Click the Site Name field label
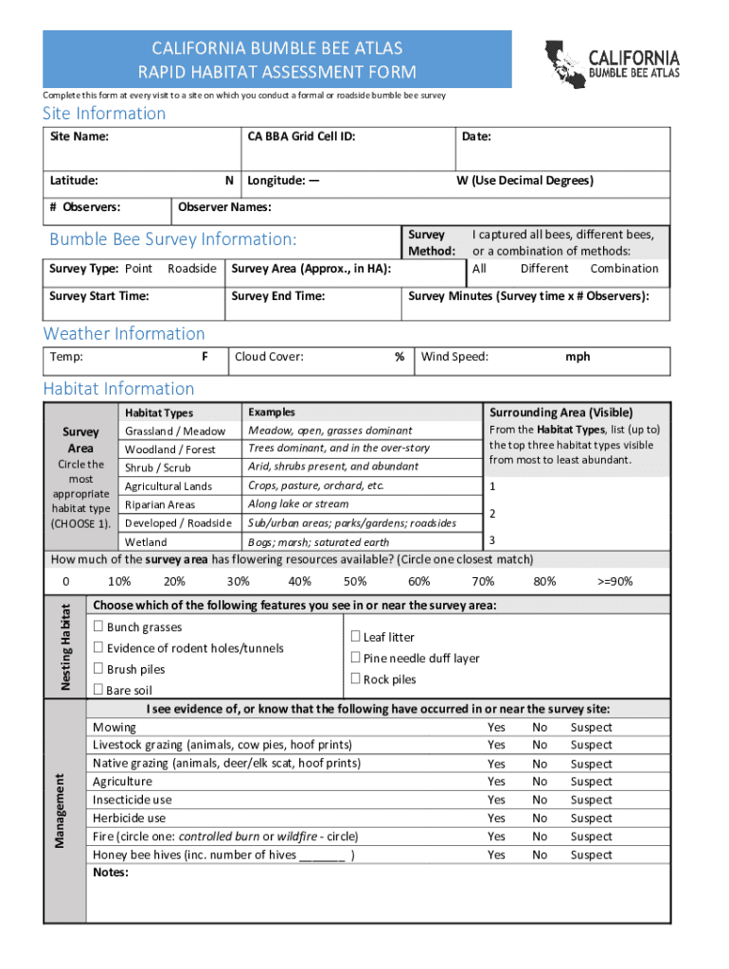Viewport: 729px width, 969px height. point(79,137)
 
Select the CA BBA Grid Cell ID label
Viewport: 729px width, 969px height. point(301,137)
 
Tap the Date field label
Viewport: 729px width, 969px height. point(476,137)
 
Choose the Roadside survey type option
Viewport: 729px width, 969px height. point(191,269)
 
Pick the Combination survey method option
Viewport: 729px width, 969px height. point(624,269)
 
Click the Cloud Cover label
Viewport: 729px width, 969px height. point(269,357)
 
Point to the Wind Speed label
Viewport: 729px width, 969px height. point(454,357)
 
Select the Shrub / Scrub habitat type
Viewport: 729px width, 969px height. point(157,468)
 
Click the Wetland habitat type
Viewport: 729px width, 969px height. point(146,542)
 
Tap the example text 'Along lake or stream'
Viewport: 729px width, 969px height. point(298,504)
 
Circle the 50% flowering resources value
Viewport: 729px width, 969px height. point(355,582)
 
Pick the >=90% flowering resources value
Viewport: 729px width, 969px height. point(615,582)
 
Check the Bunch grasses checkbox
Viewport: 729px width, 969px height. point(98,626)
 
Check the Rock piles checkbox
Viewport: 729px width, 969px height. point(356,678)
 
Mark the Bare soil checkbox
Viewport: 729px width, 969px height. point(98,690)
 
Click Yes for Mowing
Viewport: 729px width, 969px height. point(496,728)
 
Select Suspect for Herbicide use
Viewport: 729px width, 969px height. point(591,819)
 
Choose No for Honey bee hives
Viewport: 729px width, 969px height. point(540,854)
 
